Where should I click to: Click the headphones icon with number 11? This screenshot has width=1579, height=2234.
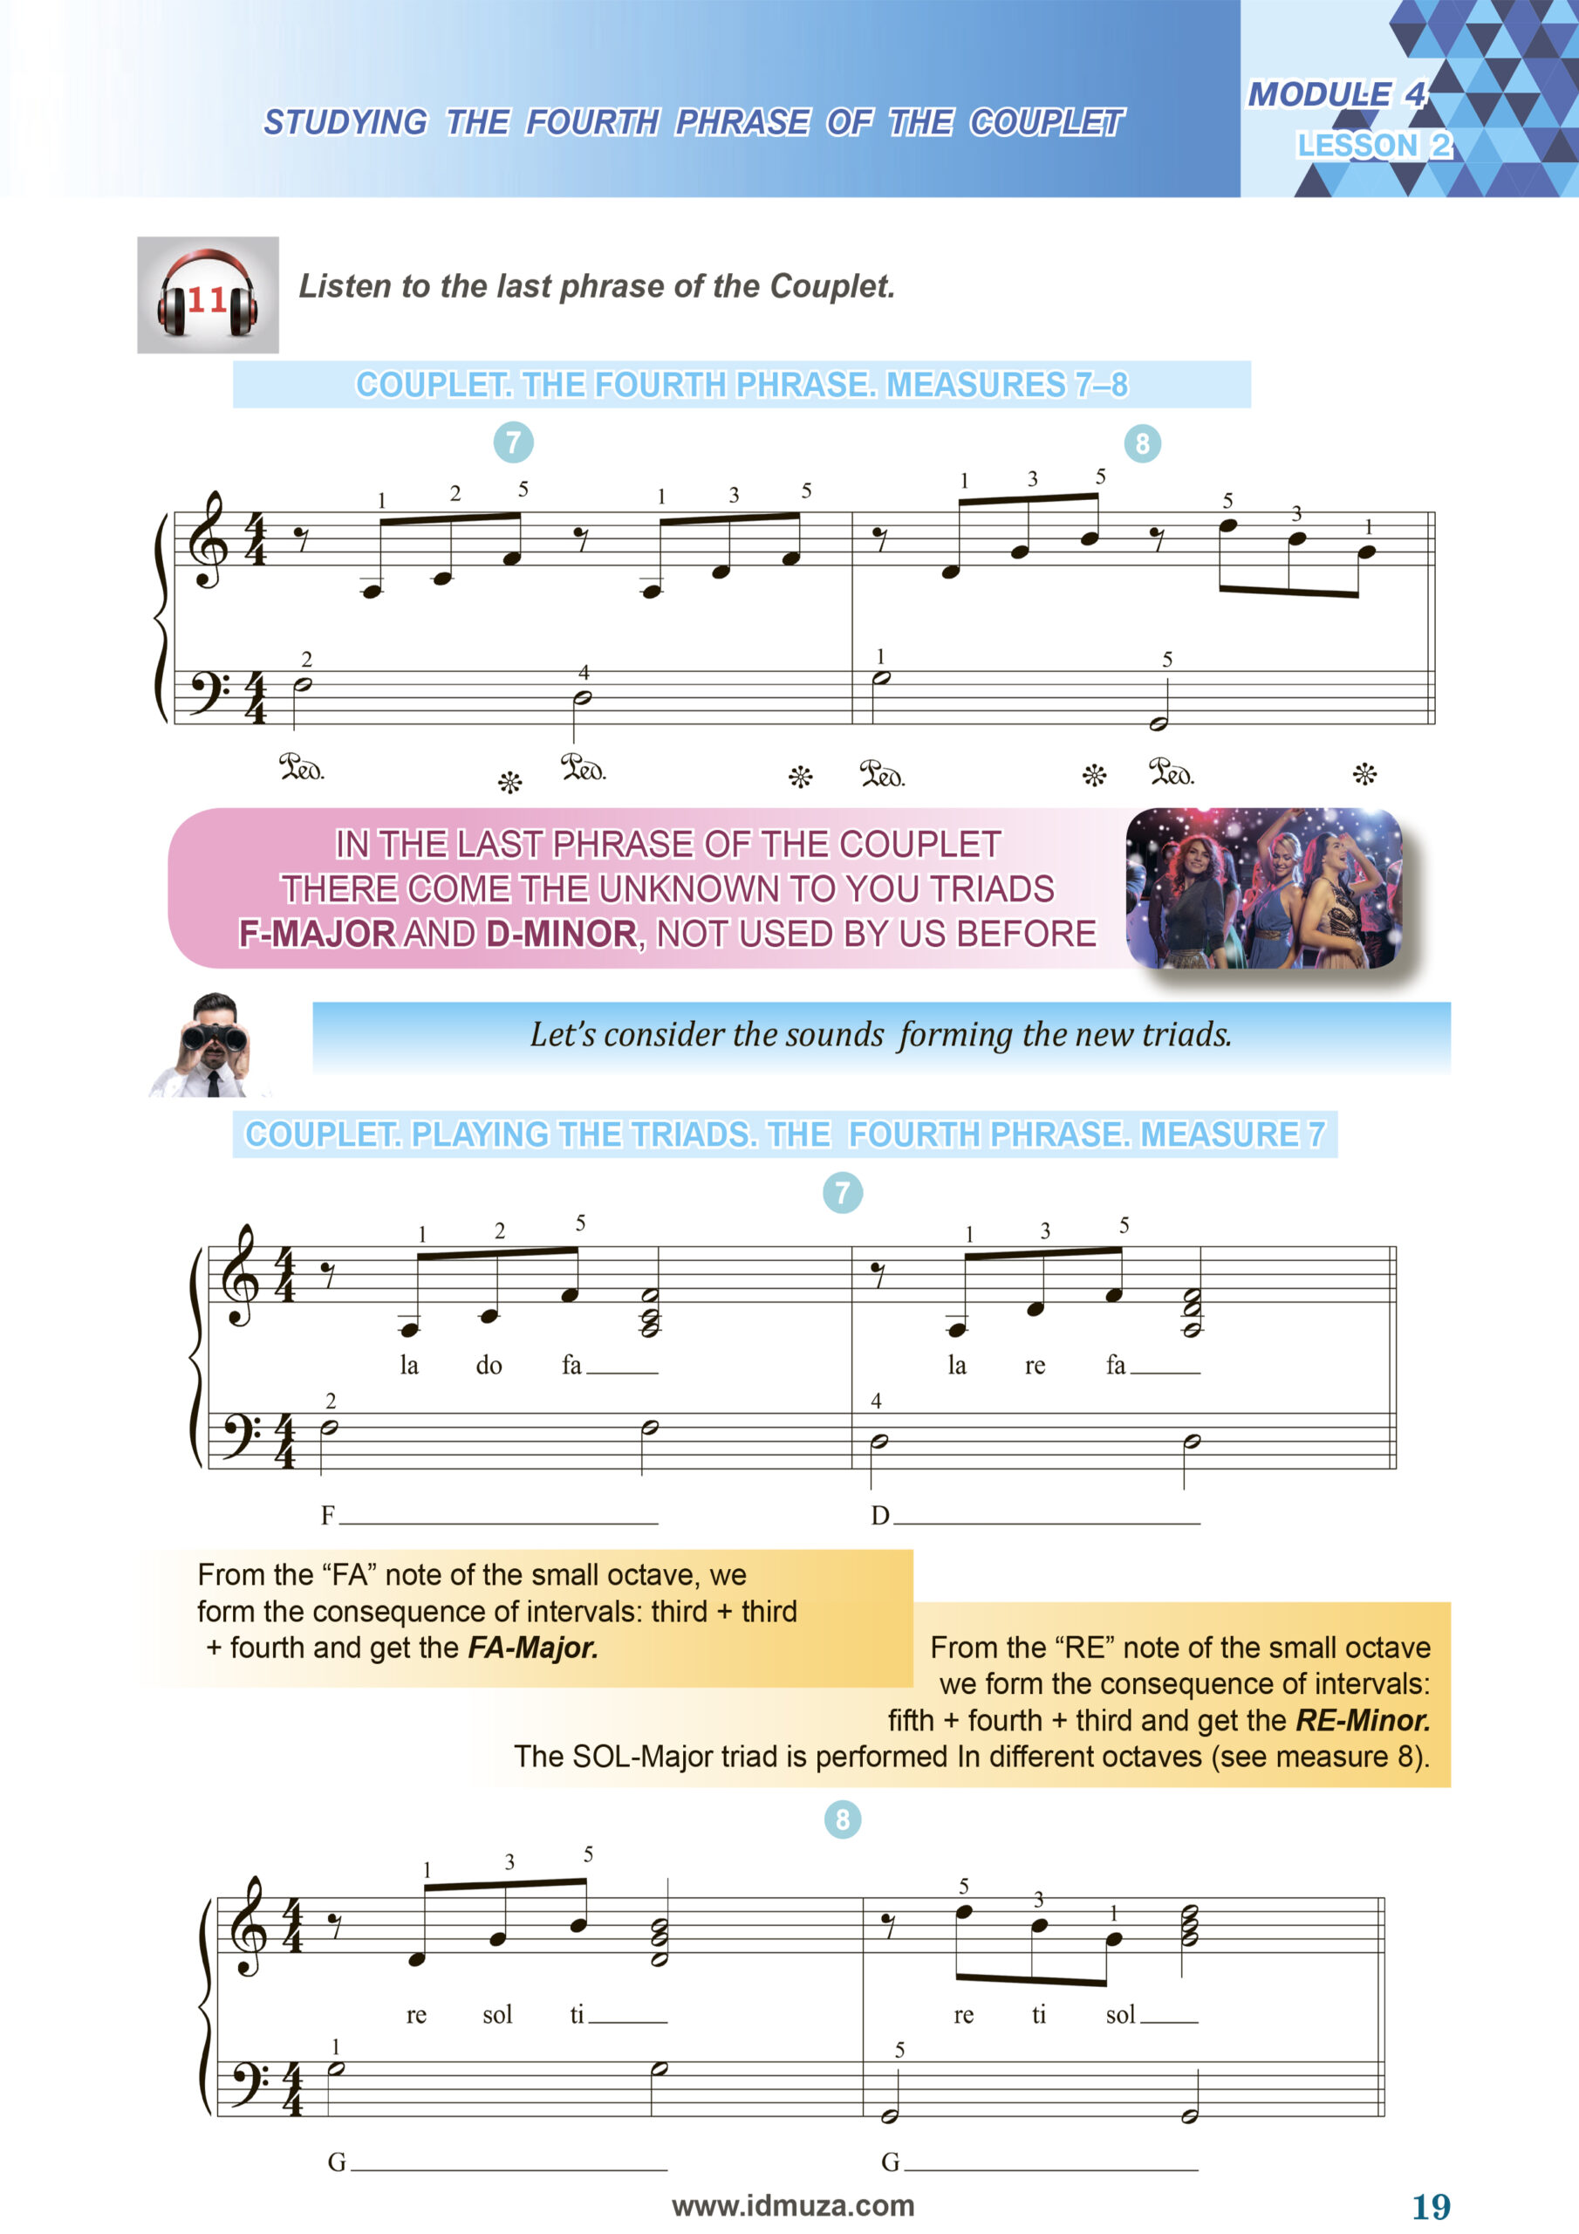(208, 295)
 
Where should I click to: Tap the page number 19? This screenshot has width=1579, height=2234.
(1431, 2206)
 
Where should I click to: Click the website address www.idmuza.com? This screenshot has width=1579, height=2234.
(793, 2205)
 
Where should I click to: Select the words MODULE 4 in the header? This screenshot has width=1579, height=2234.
(1336, 94)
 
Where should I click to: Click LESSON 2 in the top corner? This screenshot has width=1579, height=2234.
(1373, 145)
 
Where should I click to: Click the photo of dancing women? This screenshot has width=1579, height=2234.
(1263, 887)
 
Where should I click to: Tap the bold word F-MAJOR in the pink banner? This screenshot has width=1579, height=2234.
(318, 934)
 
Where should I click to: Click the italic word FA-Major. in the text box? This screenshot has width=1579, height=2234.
(533, 1648)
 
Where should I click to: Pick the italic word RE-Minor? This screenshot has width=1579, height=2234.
(1362, 1720)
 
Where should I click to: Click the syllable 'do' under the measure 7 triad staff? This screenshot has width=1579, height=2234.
(489, 1366)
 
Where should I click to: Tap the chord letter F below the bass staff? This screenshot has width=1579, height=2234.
(328, 1516)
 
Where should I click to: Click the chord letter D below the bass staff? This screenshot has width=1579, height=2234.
(879, 1516)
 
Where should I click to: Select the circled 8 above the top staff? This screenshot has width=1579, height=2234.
(1142, 443)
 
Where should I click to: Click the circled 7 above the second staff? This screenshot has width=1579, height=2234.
(843, 1192)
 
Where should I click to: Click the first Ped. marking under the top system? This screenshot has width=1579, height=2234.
(302, 768)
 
